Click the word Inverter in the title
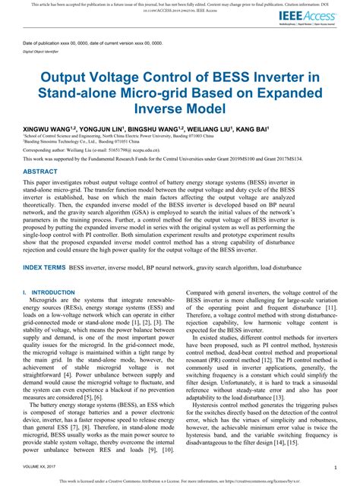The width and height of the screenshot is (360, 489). point(301,77)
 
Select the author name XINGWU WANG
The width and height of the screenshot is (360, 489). point(48,130)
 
